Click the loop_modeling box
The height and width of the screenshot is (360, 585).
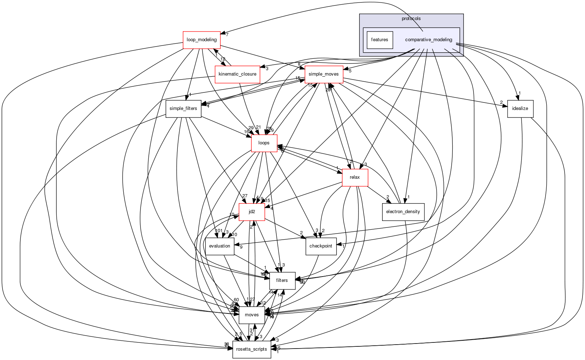(201, 40)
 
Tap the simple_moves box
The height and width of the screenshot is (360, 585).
(324, 74)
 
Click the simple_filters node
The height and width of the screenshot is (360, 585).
(183, 109)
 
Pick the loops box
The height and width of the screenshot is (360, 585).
(264, 143)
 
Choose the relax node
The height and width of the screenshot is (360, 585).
(355, 177)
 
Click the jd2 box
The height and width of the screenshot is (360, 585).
(252, 212)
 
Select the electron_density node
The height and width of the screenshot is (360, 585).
(403, 212)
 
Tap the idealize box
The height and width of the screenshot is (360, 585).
(520, 109)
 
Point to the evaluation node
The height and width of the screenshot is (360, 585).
(219, 246)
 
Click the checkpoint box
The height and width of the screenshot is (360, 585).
(321, 246)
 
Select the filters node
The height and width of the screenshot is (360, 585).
(282, 280)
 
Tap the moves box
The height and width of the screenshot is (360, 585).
(252, 315)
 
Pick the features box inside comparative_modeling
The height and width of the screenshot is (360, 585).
(380, 40)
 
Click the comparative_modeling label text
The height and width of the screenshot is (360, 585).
(428, 40)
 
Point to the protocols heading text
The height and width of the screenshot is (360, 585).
(411, 19)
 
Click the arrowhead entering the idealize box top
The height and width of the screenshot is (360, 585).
(517, 98)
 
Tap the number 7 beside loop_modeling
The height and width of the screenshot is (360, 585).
(227, 35)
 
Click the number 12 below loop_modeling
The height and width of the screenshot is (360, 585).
(223, 59)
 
